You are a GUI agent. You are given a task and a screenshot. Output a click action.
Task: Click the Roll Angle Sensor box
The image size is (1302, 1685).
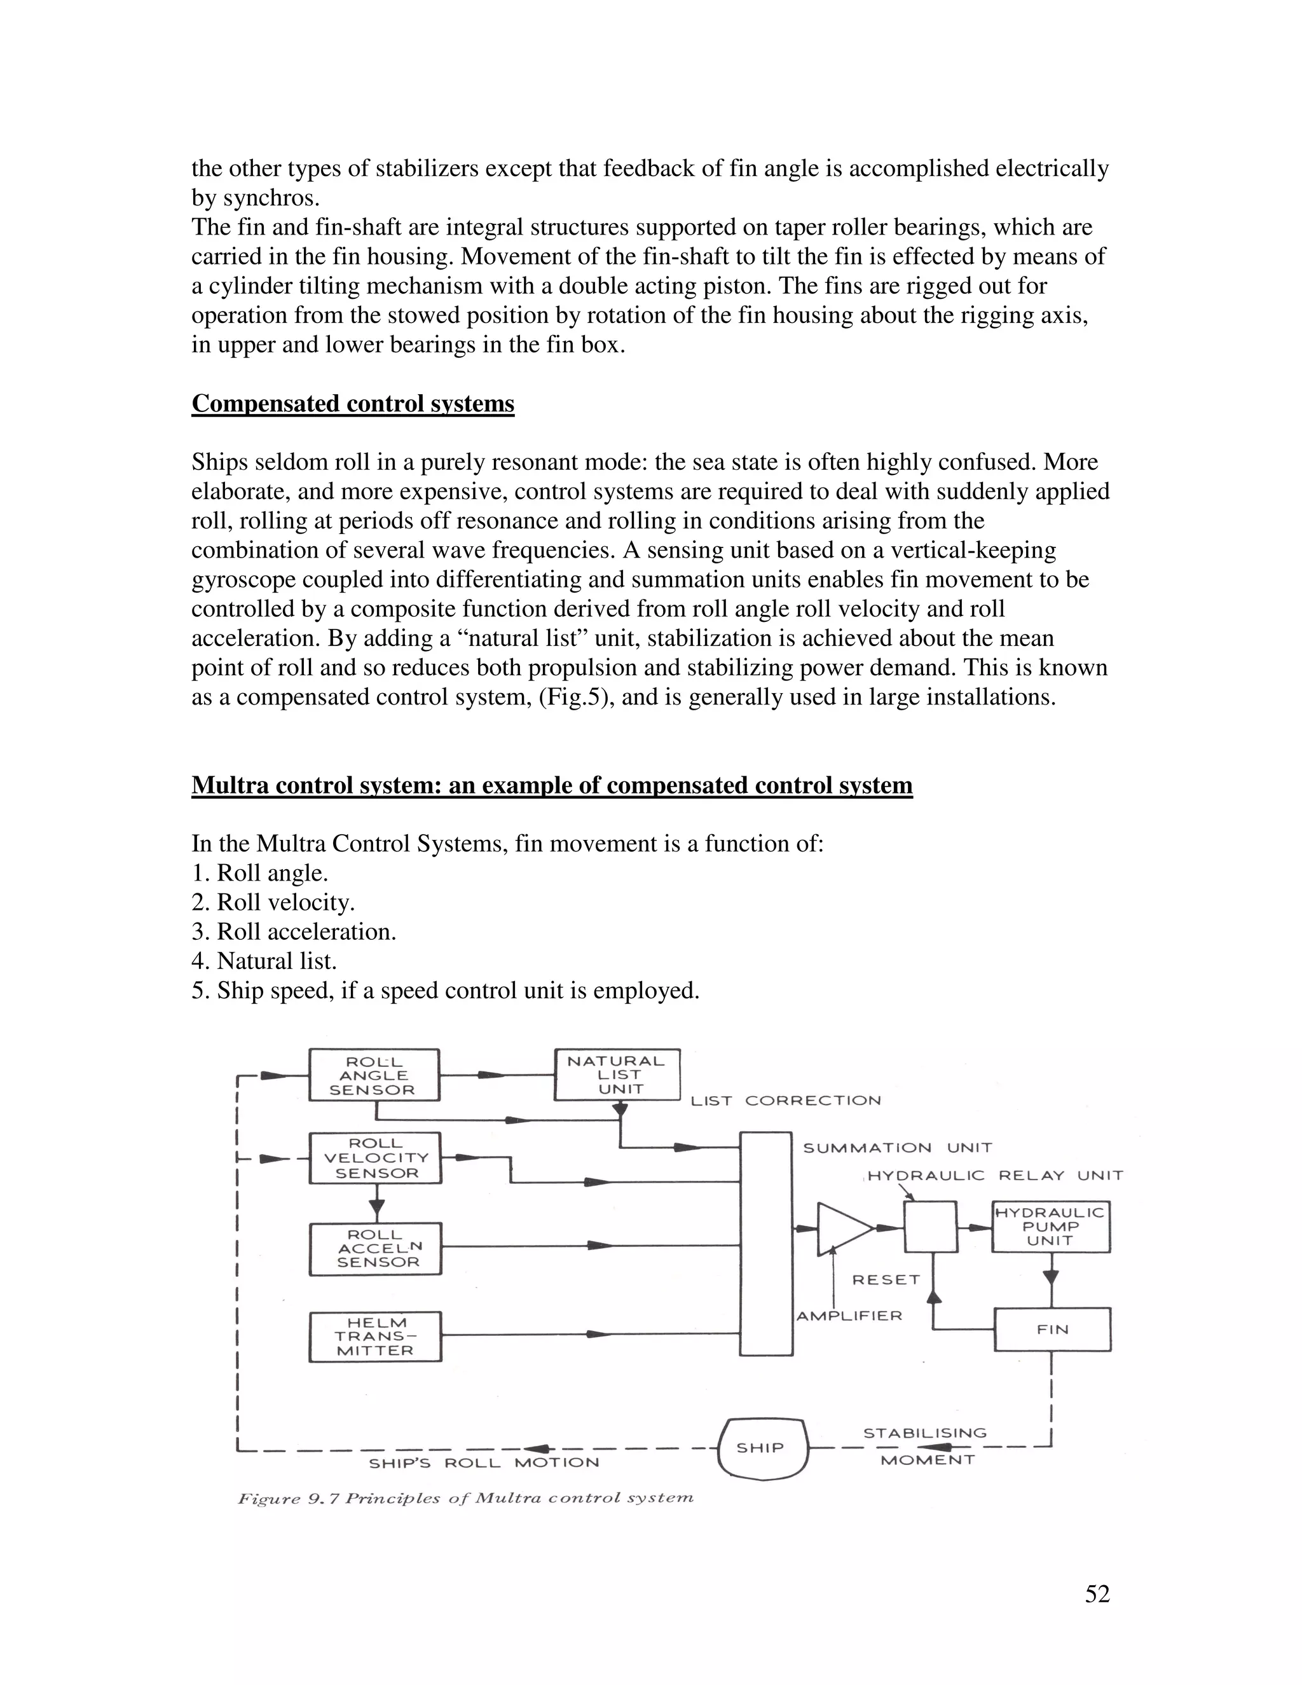pyautogui.click(x=374, y=1075)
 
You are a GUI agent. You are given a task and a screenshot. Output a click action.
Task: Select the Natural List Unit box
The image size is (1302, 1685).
pyautogui.click(x=617, y=1075)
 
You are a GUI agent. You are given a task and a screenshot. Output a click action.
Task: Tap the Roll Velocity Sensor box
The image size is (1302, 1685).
pyautogui.click(x=375, y=1158)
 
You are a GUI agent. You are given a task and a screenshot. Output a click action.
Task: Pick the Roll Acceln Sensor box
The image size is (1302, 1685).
pyautogui.click(x=375, y=1248)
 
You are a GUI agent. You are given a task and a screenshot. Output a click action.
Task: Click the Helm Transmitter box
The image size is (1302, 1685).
pyautogui.click(x=375, y=1337)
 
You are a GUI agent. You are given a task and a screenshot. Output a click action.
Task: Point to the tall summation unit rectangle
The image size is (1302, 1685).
pyautogui.click(x=766, y=1244)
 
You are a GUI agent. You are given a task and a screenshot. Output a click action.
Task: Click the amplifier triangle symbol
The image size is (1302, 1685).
pyautogui.click(x=842, y=1228)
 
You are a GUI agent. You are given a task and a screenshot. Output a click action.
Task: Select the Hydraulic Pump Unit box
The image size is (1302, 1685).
pyautogui.click(x=1050, y=1227)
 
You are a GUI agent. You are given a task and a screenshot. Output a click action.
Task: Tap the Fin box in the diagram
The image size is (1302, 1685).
pyautogui.click(x=1052, y=1330)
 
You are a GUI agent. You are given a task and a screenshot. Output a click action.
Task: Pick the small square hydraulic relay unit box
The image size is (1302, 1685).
pyautogui.click(x=930, y=1227)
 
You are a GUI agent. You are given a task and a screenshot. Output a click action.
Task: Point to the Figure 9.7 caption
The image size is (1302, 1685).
pyautogui.click(x=465, y=1498)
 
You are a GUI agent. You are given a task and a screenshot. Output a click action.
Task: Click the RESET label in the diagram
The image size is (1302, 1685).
pyautogui.click(x=886, y=1280)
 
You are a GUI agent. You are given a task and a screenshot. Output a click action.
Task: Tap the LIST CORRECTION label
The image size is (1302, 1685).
pyautogui.click(x=785, y=1101)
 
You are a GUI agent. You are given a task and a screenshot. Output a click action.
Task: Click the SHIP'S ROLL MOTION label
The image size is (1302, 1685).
pyautogui.click(x=484, y=1463)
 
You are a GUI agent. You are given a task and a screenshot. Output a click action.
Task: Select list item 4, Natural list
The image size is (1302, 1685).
pyautogui.click(x=264, y=961)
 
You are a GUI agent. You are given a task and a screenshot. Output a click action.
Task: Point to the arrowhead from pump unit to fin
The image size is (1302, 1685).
pyautogui.click(x=1052, y=1277)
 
